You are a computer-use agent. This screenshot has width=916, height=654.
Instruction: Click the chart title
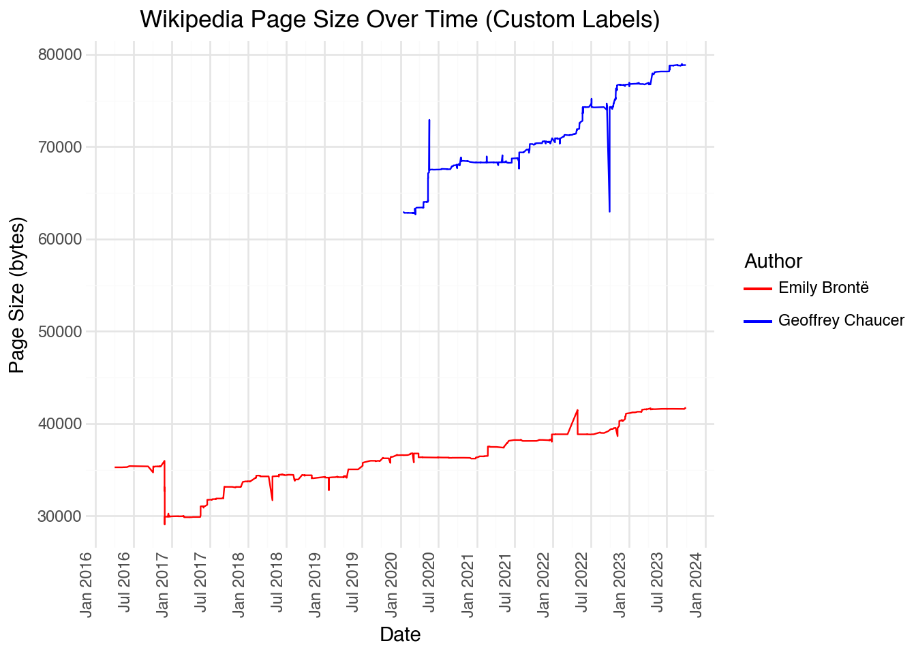pos(399,19)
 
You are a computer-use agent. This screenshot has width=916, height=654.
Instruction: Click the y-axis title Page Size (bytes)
pos(17,295)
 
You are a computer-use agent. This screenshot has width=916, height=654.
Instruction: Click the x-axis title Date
pos(400,634)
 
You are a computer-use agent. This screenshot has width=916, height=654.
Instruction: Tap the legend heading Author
pos(773,261)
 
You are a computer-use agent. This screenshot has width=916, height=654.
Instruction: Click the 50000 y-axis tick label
pos(59,332)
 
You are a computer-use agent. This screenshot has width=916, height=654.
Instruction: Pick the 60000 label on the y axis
pos(59,239)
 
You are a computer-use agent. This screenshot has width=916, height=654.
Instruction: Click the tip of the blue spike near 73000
pos(429,120)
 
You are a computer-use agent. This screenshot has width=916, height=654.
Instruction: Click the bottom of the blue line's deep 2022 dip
pos(609,212)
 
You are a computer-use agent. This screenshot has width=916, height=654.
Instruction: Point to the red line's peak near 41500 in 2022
pos(578,410)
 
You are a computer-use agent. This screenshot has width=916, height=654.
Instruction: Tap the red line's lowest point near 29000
pos(164,525)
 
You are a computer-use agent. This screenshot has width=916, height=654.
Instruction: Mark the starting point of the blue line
pos(403,213)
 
